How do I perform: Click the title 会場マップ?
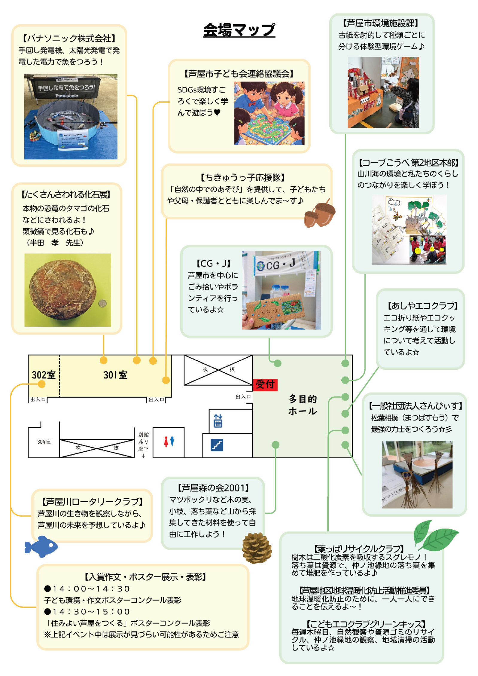point(239,30)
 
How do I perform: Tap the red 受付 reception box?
point(265,384)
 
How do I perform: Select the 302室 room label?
point(44,375)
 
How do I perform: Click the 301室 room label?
point(115,375)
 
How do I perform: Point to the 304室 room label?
point(44,442)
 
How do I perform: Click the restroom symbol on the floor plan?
point(169,442)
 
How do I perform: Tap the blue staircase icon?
point(217,445)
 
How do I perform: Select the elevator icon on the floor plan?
point(218,421)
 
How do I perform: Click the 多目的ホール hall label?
point(302,405)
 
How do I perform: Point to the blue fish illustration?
point(41,546)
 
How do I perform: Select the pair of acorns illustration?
point(319,213)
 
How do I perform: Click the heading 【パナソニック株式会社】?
point(69,38)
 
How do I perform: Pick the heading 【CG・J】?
point(213,264)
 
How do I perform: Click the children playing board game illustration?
point(269,113)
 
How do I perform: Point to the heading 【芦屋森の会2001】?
point(213,488)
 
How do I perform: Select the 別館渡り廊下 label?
point(143,442)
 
